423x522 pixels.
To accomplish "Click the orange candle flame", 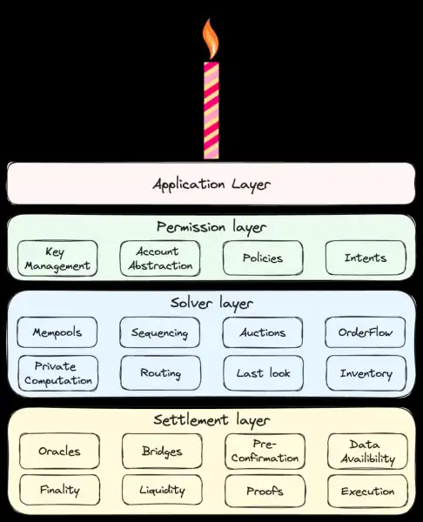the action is click(211, 39).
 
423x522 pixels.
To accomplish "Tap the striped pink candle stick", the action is click(211, 110).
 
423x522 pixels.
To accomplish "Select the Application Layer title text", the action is click(211, 184).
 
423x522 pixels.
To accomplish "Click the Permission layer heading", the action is click(211, 228).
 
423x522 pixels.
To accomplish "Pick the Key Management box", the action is click(57, 258).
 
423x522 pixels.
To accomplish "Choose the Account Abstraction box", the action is click(160, 258).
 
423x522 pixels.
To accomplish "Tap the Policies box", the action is click(263, 258).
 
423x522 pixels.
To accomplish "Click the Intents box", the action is click(366, 258).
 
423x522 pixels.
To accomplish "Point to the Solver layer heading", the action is click(211, 304).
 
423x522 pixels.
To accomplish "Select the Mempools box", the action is click(57, 332).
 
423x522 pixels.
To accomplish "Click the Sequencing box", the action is click(160, 332).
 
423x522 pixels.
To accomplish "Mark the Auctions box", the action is click(263, 332).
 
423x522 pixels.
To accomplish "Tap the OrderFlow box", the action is click(366, 332).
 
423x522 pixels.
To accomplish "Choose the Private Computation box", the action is click(58, 373).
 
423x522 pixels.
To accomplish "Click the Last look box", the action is click(264, 373).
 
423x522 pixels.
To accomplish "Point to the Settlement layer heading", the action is click(211, 420).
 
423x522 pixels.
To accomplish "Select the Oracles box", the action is click(59, 451).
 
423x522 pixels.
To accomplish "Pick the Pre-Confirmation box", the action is click(265, 451).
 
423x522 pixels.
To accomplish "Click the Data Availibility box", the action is click(367, 451).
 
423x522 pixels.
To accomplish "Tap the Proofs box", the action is click(265, 491).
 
